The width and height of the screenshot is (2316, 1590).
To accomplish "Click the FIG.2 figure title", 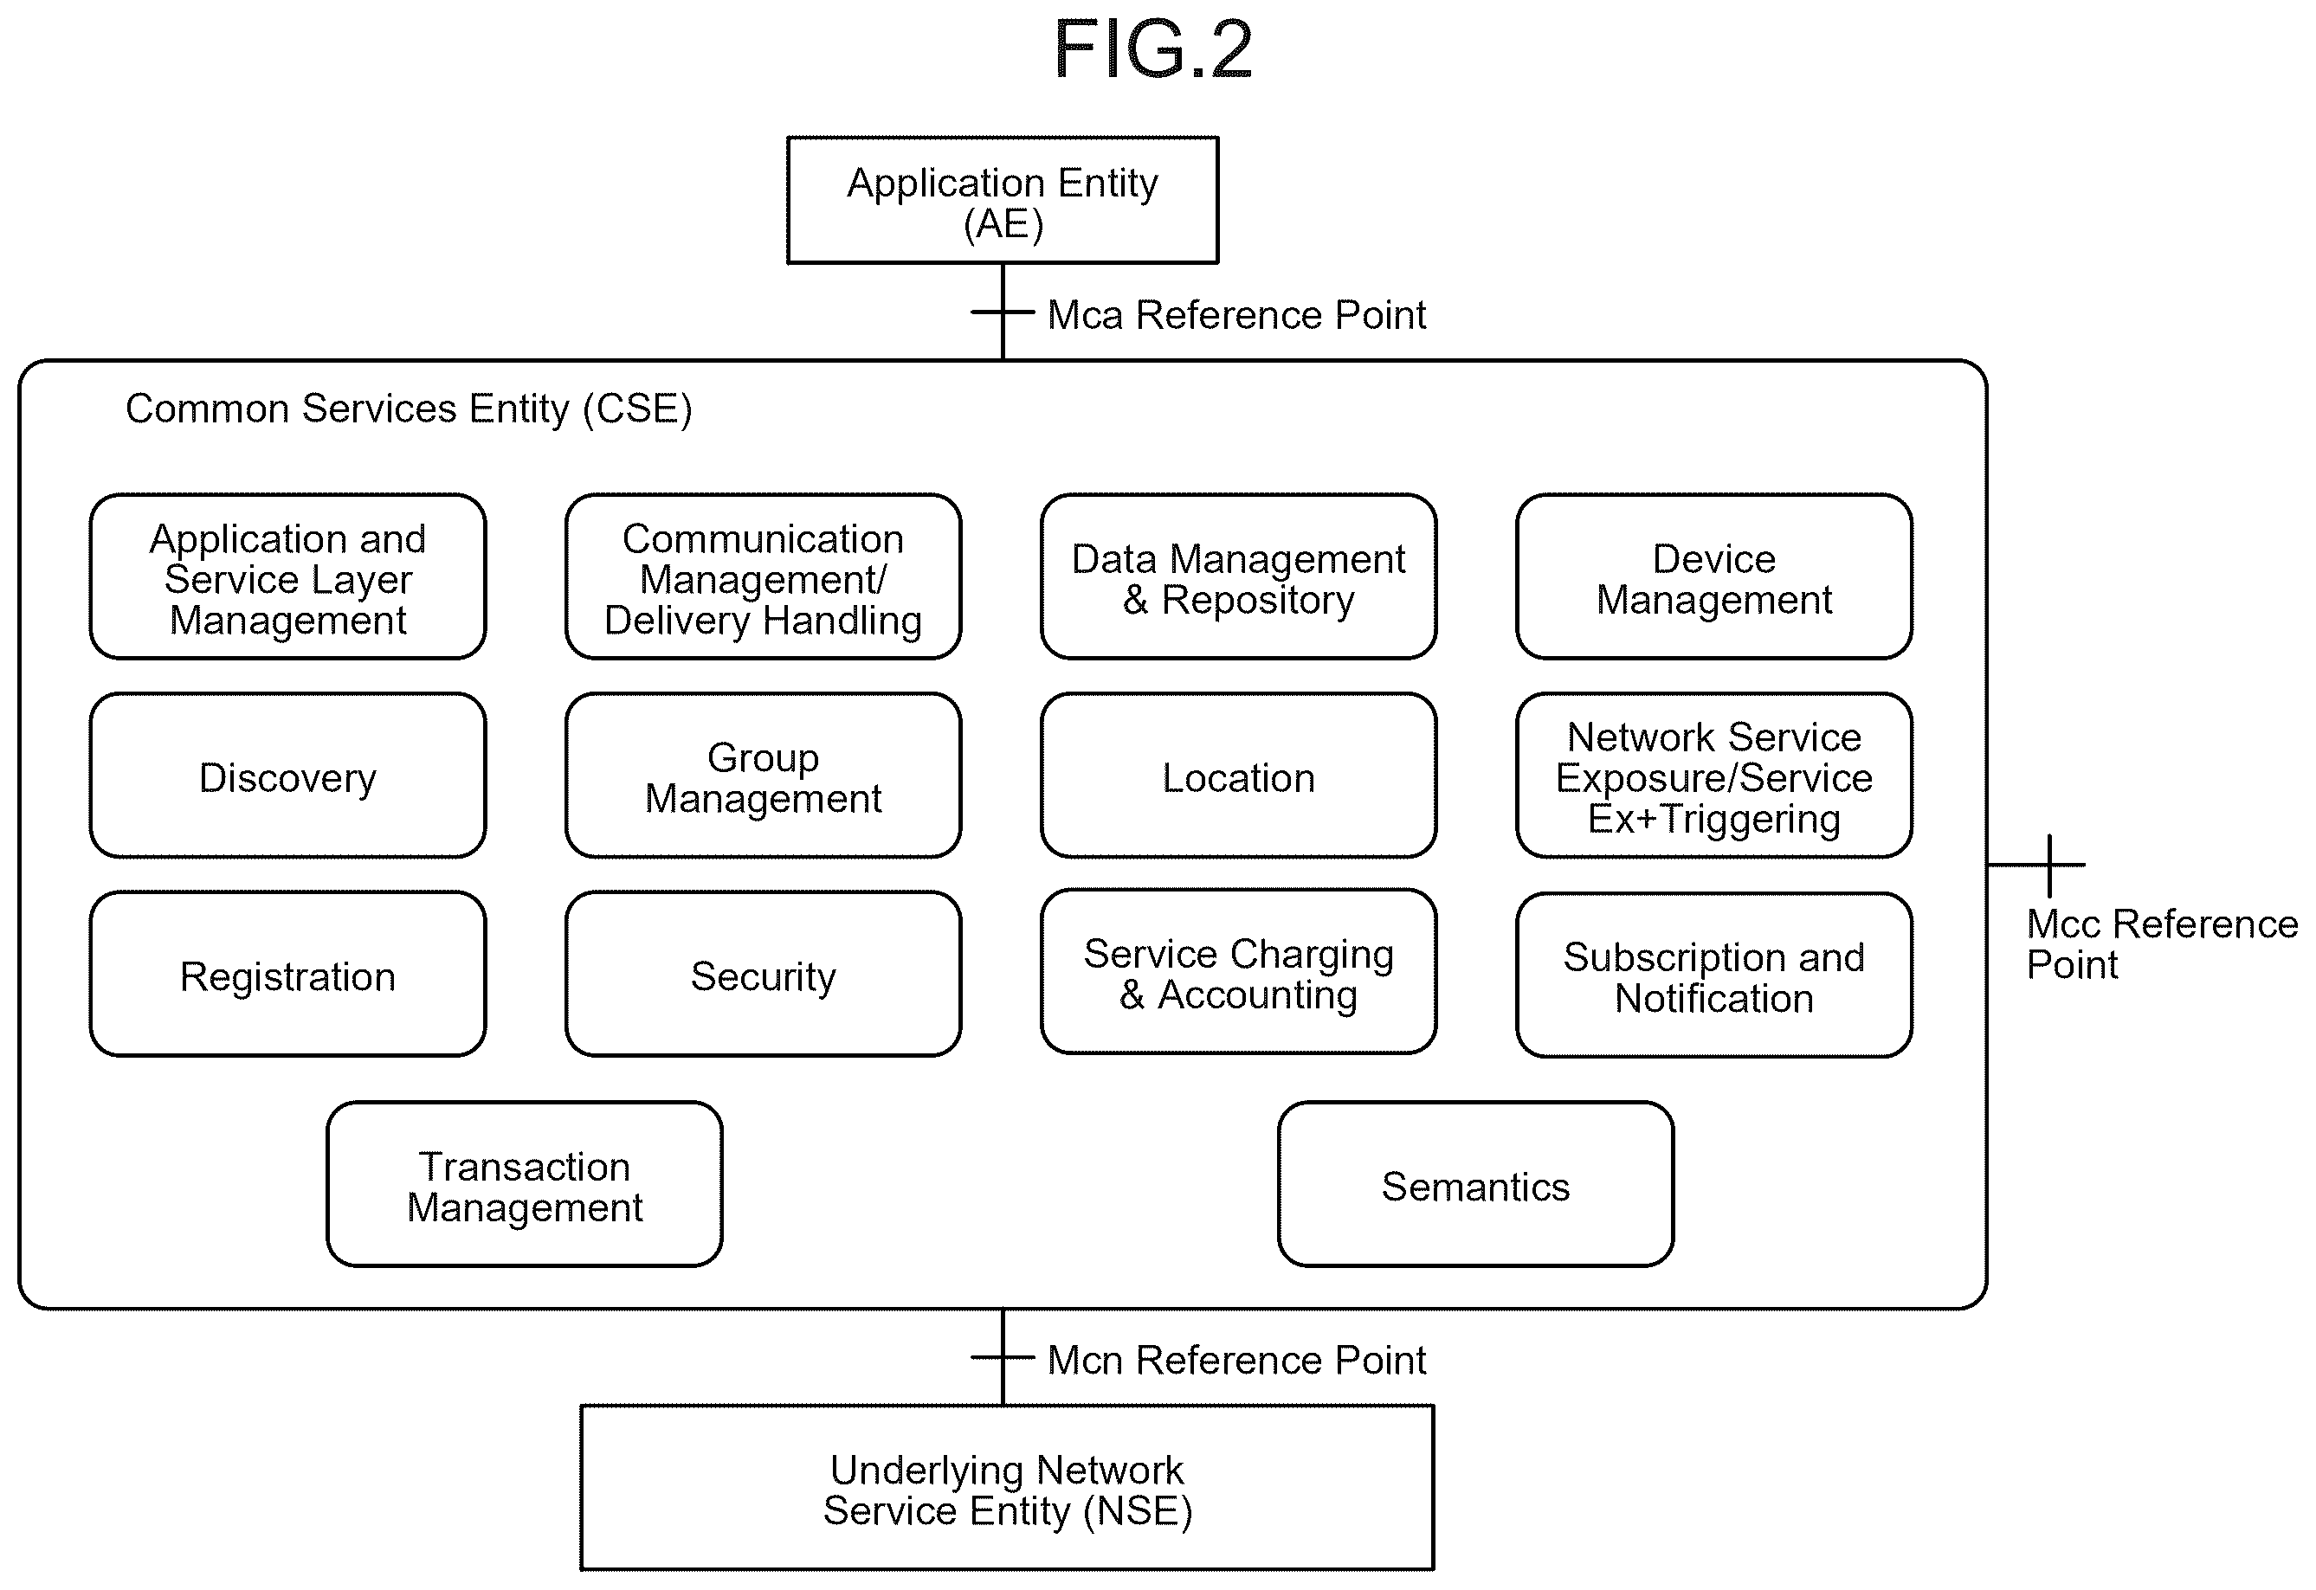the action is [x=1153, y=50].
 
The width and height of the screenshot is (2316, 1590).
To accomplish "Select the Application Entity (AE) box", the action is [x=1003, y=200].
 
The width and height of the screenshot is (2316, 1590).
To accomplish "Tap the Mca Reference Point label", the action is [x=1236, y=315].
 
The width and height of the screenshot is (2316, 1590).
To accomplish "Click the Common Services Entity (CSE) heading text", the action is [x=409, y=409].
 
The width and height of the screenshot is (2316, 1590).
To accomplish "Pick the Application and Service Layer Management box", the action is [x=288, y=576].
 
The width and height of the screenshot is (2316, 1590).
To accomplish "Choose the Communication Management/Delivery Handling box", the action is [x=764, y=576].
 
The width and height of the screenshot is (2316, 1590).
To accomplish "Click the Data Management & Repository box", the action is [x=1239, y=576].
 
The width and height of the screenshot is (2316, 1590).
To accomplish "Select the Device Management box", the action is [x=1714, y=576].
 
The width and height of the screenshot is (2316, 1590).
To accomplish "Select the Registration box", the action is [x=288, y=974].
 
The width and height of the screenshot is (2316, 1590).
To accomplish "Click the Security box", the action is [x=764, y=974].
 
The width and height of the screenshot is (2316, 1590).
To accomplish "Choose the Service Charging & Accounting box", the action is [x=1239, y=971].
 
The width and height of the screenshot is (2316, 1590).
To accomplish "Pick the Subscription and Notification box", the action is [x=1714, y=975].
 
